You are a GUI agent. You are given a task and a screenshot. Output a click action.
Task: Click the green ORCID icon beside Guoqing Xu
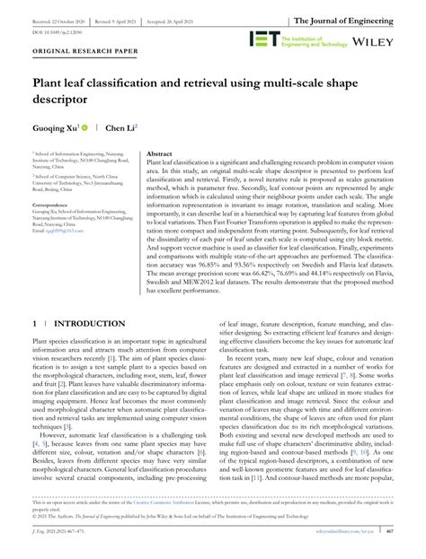[84, 128]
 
